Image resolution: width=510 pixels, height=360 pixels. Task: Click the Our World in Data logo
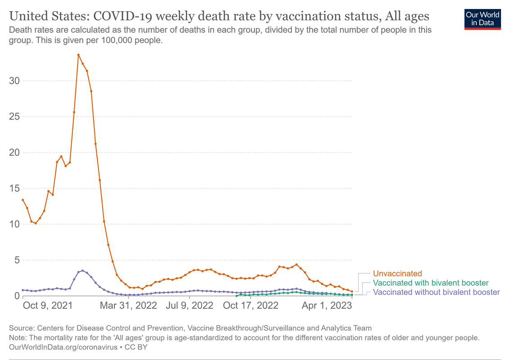483,18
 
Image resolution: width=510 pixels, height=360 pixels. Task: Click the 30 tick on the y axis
14,81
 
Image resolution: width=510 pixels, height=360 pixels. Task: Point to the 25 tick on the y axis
14,117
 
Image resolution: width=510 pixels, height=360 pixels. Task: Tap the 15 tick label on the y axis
14,188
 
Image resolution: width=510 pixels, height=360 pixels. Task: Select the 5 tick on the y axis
17,260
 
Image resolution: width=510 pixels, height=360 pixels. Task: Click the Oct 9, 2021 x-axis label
48,306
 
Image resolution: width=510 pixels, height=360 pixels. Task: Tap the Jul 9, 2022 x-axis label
190,306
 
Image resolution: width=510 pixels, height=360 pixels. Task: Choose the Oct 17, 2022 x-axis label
251,306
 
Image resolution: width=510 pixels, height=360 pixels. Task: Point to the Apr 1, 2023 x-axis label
327,306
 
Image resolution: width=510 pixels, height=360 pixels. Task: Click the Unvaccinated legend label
397,274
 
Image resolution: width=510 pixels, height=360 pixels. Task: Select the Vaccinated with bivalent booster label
431,283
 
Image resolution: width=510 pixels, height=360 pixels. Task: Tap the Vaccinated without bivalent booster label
436,292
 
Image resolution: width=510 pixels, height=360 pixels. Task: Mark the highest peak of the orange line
78,55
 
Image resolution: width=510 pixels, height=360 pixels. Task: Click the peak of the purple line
82,271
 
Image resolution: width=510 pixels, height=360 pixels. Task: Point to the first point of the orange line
23,200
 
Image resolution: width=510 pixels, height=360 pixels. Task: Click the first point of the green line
236,296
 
